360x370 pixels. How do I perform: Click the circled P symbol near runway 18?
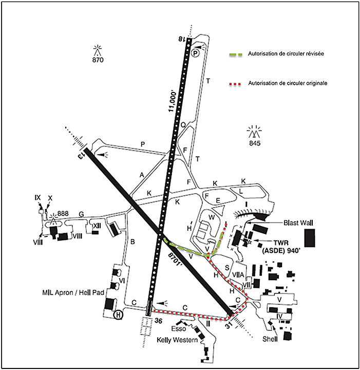point(195,52)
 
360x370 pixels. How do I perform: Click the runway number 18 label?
point(181,38)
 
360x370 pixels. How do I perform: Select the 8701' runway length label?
point(176,258)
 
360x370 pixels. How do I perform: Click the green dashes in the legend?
point(236,54)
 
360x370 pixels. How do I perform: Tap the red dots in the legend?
point(236,83)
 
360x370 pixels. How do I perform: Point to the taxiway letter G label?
point(81,213)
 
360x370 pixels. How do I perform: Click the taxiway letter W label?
point(211,217)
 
